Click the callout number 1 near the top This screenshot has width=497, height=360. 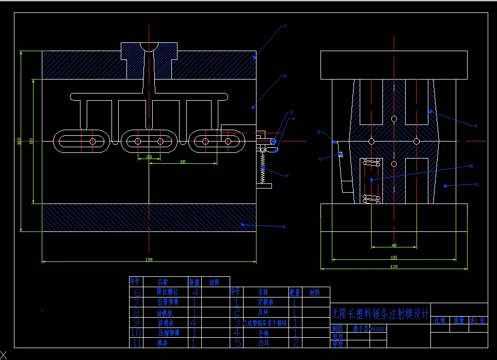(285, 25)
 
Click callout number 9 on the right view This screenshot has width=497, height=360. (475, 126)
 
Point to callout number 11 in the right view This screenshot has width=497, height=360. (477, 184)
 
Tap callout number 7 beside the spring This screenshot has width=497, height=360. (287, 176)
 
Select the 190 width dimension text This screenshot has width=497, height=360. (149, 259)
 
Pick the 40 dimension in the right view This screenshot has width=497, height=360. (394, 245)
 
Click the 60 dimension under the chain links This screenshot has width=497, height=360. (183, 162)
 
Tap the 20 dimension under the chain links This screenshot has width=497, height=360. (149, 156)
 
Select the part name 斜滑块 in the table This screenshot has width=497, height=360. (166, 323)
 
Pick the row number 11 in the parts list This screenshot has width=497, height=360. (136, 342)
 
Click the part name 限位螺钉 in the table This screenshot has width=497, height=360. (166, 292)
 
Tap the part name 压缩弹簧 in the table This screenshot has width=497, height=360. (166, 333)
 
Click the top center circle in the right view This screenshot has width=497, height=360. (394, 119)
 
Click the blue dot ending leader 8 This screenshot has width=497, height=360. (242, 224)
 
